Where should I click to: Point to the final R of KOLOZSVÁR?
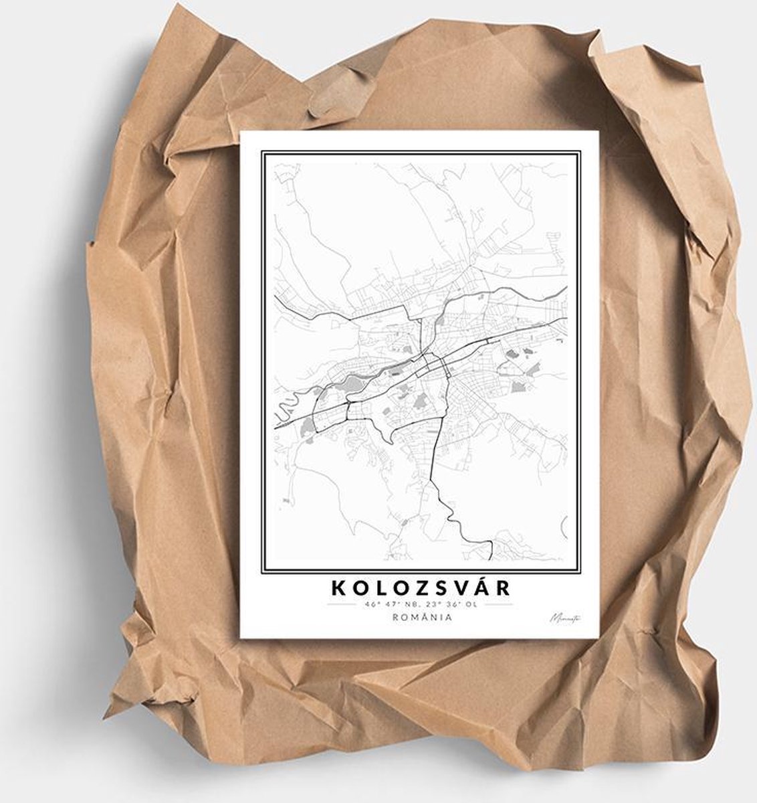pos(504,588)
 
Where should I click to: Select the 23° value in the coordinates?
pos(439,604)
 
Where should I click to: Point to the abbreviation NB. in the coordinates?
pos(415,604)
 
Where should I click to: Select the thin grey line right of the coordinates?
pos(498,604)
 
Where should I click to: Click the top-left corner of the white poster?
pos(241,132)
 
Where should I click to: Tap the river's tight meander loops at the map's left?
pos(279,402)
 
